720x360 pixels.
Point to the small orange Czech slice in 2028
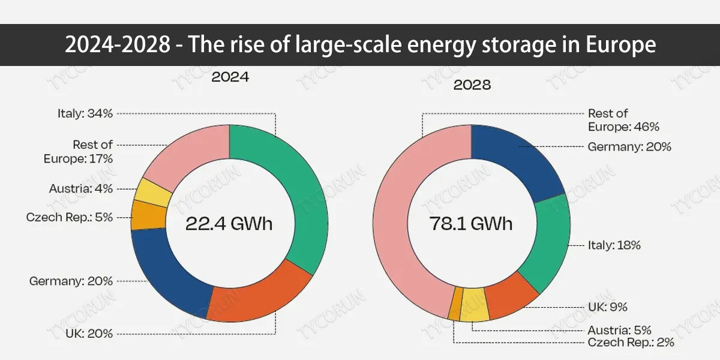456,303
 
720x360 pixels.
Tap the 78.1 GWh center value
471,224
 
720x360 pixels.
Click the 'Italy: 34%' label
85,113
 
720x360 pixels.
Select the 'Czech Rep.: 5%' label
70,217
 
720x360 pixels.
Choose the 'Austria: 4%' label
80,189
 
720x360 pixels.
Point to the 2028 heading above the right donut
472,85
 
